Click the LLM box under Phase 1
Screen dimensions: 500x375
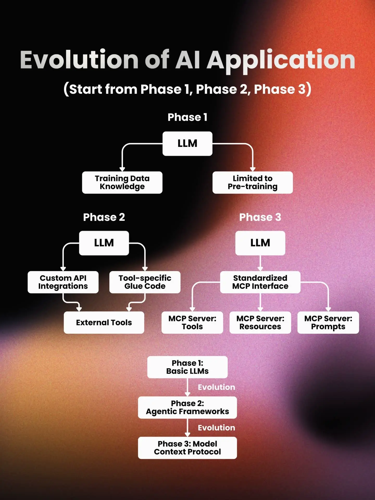click(x=187, y=143)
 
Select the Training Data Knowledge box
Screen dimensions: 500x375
click(x=122, y=182)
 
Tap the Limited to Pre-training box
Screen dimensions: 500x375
click(x=252, y=182)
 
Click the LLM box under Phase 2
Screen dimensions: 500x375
click(x=104, y=243)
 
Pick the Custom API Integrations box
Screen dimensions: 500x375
click(x=63, y=282)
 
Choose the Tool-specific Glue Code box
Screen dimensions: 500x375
click(x=145, y=282)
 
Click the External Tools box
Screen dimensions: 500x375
click(x=104, y=322)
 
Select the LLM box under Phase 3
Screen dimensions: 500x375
click(x=260, y=243)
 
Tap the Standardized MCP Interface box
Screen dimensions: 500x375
click(x=260, y=282)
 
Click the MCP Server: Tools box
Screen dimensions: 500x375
click(x=192, y=322)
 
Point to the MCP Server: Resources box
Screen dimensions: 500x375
click(x=260, y=322)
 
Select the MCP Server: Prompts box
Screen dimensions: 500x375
click(x=328, y=322)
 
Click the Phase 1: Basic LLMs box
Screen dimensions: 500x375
click(x=187, y=367)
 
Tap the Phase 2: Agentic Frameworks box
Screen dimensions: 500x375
click(x=187, y=407)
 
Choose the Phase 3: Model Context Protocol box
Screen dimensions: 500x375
click(x=187, y=448)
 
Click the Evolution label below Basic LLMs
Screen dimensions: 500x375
click(x=216, y=387)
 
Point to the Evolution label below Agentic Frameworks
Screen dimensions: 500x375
click(x=216, y=428)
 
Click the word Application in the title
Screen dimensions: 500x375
click(x=281, y=60)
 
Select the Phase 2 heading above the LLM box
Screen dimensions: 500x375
click(x=104, y=217)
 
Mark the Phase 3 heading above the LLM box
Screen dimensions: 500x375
click(x=260, y=217)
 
